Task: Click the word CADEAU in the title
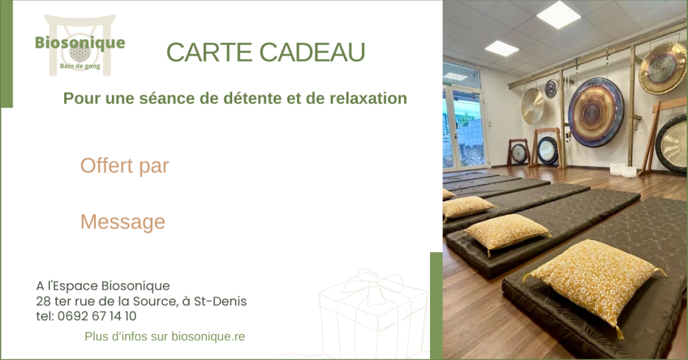pyautogui.click(x=312, y=52)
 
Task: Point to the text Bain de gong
pyautogui.click(x=80, y=66)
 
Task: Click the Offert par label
pyautogui.click(x=124, y=166)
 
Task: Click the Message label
pyautogui.click(x=122, y=222)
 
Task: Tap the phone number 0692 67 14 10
pyautogui.click(x=97, y=316)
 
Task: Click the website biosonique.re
pyautogui.click(x=208, y=337)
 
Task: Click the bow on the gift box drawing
pyautogui.click(x=373, y=283)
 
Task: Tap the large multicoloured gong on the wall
pyautogui.click(x=596, y=112)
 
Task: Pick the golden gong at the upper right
pyautogui.click(x=663, y=67)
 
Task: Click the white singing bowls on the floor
pyautogui.click(x=623, y=169)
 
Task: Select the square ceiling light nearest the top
pyautogui.click(x=558, y=15)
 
